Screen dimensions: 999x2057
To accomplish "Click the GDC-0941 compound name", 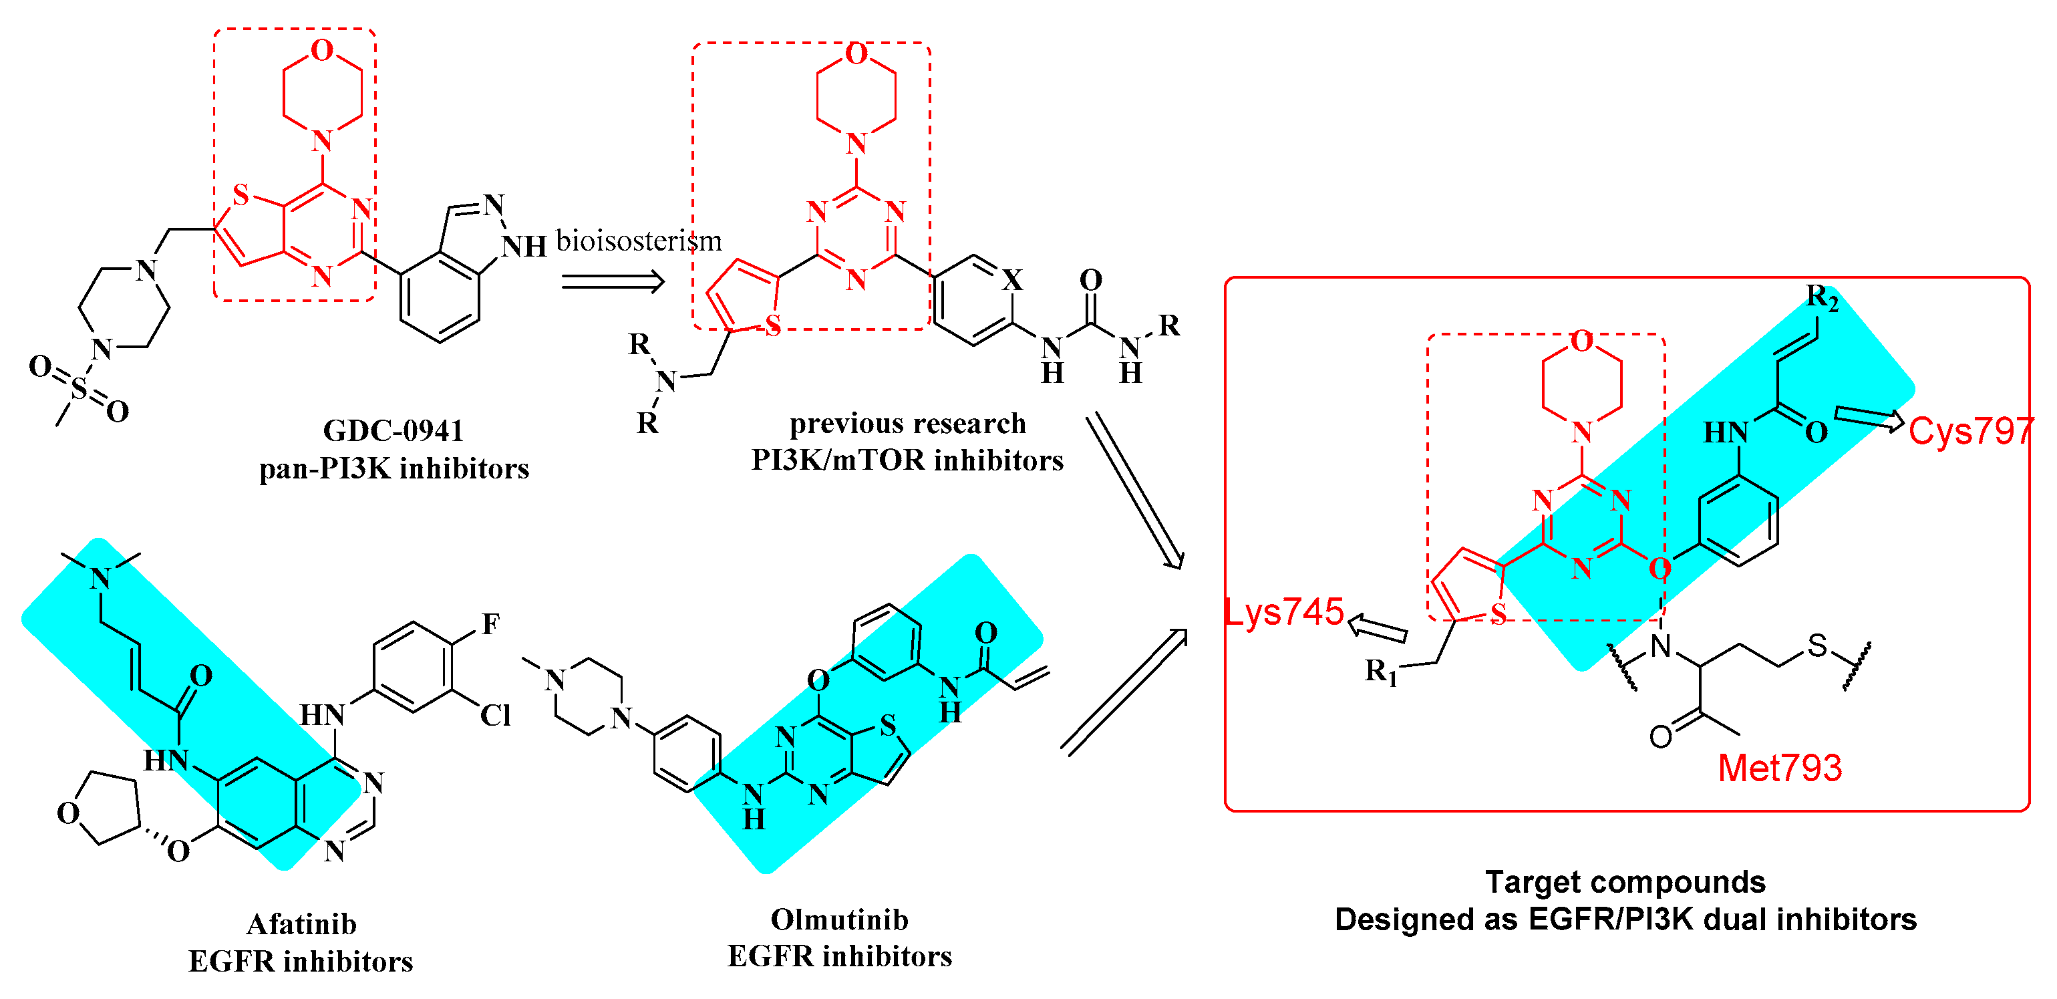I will click(x=393, y=430).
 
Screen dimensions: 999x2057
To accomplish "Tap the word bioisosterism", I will click(x=638, y=241).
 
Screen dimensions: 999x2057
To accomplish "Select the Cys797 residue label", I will click(x=1969, y=431).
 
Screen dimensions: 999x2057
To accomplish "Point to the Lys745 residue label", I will click(x=1284, y=611).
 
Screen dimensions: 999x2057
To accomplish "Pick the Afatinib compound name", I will click(x=301, y=924).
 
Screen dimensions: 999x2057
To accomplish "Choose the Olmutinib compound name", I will click(x=839, y=919).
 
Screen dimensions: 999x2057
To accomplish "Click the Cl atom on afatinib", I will click(x=495, y=715).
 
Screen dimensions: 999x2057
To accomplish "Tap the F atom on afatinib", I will click(x=490, y=623).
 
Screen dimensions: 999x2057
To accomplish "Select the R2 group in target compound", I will click(x=1823, y=299).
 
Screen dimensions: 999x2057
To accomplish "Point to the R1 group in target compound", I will click(x=1381, y=672).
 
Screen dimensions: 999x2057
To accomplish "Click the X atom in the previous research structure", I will click(x=1011, y=279).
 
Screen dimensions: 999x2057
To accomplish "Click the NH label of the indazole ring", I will click(x=524, y=247).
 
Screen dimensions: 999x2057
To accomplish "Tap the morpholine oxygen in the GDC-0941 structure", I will click(x=322, y=50).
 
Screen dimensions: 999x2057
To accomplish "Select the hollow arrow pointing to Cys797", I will click(x=1869, y=418).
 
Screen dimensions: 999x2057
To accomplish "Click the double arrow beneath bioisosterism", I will click(x=613, y=281).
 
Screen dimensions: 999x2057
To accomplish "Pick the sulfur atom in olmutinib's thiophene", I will click(x=888, y=725).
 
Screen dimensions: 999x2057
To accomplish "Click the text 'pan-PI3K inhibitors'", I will click(x=393, y=468).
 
